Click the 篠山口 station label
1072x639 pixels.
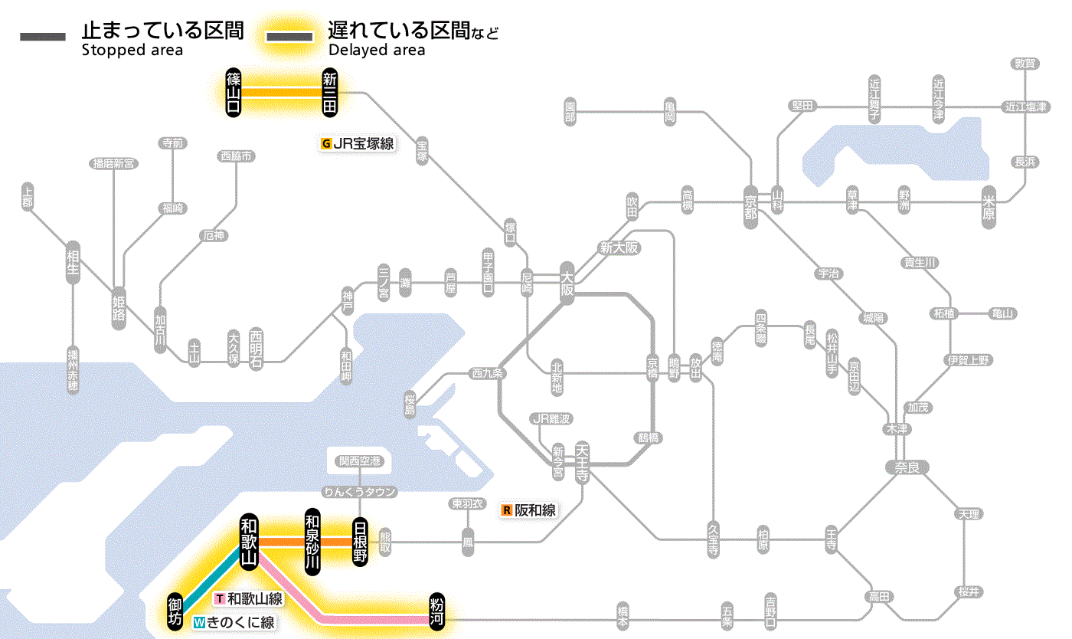click(x=234, y=92)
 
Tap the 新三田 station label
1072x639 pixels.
click(x=330, y=92)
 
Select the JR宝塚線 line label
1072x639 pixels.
click(x=358, y=143)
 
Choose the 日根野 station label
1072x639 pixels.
click(x=360, y=542)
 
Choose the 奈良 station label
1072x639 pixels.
click(x=906, y=467)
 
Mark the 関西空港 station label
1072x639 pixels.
click(x=360, y=460)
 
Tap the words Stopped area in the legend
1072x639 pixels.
click(x=132, y=51)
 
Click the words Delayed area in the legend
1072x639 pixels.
click(x=376, y=51)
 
